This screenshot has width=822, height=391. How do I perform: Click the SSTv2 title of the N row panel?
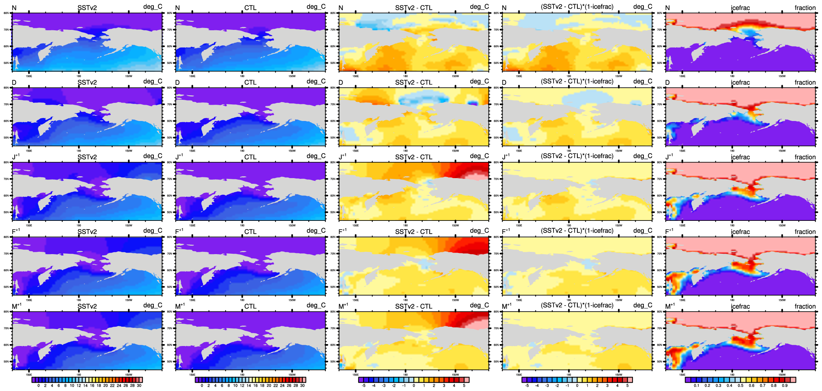point(87,8)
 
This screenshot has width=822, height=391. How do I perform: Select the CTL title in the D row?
point(250,82)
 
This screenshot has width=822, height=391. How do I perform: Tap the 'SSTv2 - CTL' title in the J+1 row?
point(414,157)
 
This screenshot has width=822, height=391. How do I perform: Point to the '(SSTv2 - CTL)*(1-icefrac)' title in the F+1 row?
point(577,231)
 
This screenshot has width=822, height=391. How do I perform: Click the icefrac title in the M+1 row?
point(740,306)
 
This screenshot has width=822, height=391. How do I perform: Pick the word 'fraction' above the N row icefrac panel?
point(805,8)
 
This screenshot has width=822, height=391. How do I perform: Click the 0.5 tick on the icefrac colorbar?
point(740,386)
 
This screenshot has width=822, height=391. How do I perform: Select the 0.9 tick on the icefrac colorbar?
point(785,386)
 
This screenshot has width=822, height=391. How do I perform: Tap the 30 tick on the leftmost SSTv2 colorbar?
point(139,386)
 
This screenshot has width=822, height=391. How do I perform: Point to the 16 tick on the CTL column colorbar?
point(255,386)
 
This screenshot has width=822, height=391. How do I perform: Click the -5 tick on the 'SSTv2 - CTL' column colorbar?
point(363,386)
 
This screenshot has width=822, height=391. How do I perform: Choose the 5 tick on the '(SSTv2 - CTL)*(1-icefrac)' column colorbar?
point(627,386)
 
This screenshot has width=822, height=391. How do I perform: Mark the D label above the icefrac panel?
point(667,82)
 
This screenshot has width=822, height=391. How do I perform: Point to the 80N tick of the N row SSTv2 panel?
point(6,13)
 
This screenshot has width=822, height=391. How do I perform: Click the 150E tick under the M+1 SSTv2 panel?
point(29,375)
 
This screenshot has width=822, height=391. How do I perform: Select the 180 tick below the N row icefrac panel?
point(732,76)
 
